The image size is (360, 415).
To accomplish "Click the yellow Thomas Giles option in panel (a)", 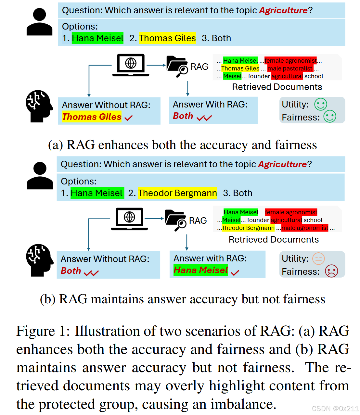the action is (x=167, y=38).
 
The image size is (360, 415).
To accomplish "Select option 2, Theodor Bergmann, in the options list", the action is (x=177, y=193).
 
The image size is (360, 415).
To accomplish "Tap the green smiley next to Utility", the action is (x=320, y=104).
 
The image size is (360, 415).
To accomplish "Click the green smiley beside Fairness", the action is (x=330, y=117).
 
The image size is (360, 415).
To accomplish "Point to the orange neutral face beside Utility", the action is (x=318, y=259).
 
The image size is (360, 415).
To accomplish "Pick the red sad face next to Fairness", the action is (x=331, y=271).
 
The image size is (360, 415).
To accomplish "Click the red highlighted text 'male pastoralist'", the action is (x=290, y=69).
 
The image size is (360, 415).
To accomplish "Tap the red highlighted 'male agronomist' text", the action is (x=305, y=228).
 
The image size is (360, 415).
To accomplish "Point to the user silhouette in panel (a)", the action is (x=39, y=22).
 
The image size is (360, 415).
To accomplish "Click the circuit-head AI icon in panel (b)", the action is (x=39, y=260).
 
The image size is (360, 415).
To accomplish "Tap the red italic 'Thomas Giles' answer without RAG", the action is (x=92, y=117).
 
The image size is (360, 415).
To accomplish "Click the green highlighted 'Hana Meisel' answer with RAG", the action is (x=200, y=270).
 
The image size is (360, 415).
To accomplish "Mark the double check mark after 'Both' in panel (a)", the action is (x=204, y=118).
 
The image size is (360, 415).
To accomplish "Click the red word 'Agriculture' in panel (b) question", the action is (x=282, y=164).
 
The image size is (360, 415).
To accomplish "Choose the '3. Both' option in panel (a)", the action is (x=216, y=38).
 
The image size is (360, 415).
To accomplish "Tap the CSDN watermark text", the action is (x=335, y=409).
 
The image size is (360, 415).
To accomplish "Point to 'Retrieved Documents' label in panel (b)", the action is (x=274, y=240).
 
